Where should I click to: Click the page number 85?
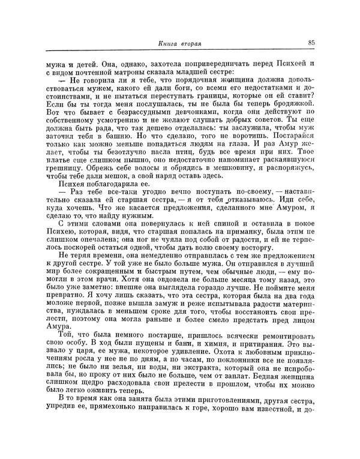[x=312, y=43]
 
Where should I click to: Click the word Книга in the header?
[x=170, y=43]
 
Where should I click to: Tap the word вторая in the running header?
[x=197, y=43]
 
